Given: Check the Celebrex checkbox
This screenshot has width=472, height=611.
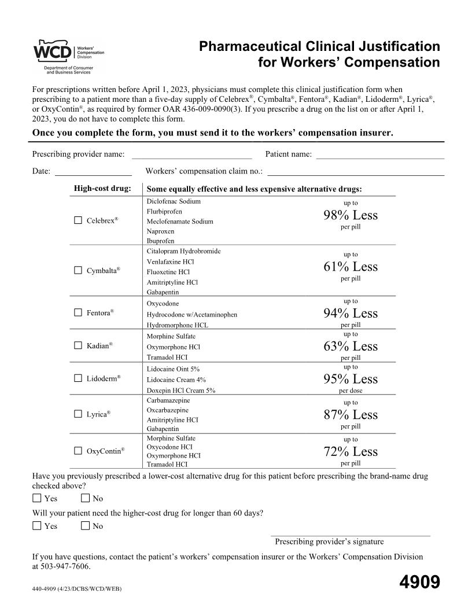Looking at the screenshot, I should coord(78,221).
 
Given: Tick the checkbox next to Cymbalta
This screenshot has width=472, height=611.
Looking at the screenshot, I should coord(78,270).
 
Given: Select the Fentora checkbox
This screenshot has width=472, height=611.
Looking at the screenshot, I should coord(78,313).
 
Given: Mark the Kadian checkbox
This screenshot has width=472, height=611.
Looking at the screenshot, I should coord(78,346).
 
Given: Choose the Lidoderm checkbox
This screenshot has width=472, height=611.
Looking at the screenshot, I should coord(78,378).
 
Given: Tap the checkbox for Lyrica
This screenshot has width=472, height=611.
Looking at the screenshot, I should coord(78,414).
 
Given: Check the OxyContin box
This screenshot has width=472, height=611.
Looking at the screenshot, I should coord(78,451).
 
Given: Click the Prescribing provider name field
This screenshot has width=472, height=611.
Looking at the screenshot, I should coord(191,154).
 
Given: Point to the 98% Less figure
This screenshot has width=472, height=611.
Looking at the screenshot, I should coord(350,216).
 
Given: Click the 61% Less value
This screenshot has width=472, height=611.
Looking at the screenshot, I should coord(350,267).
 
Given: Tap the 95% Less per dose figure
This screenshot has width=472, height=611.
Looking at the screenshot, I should coord(350,380).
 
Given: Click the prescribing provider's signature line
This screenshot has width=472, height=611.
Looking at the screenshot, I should coord(351,535).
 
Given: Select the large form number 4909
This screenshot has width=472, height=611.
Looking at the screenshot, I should coord(419,582).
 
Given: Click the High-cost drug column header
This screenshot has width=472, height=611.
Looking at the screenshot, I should coord(102,189).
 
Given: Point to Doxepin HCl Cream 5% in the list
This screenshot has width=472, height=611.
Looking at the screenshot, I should coord(181,391).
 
